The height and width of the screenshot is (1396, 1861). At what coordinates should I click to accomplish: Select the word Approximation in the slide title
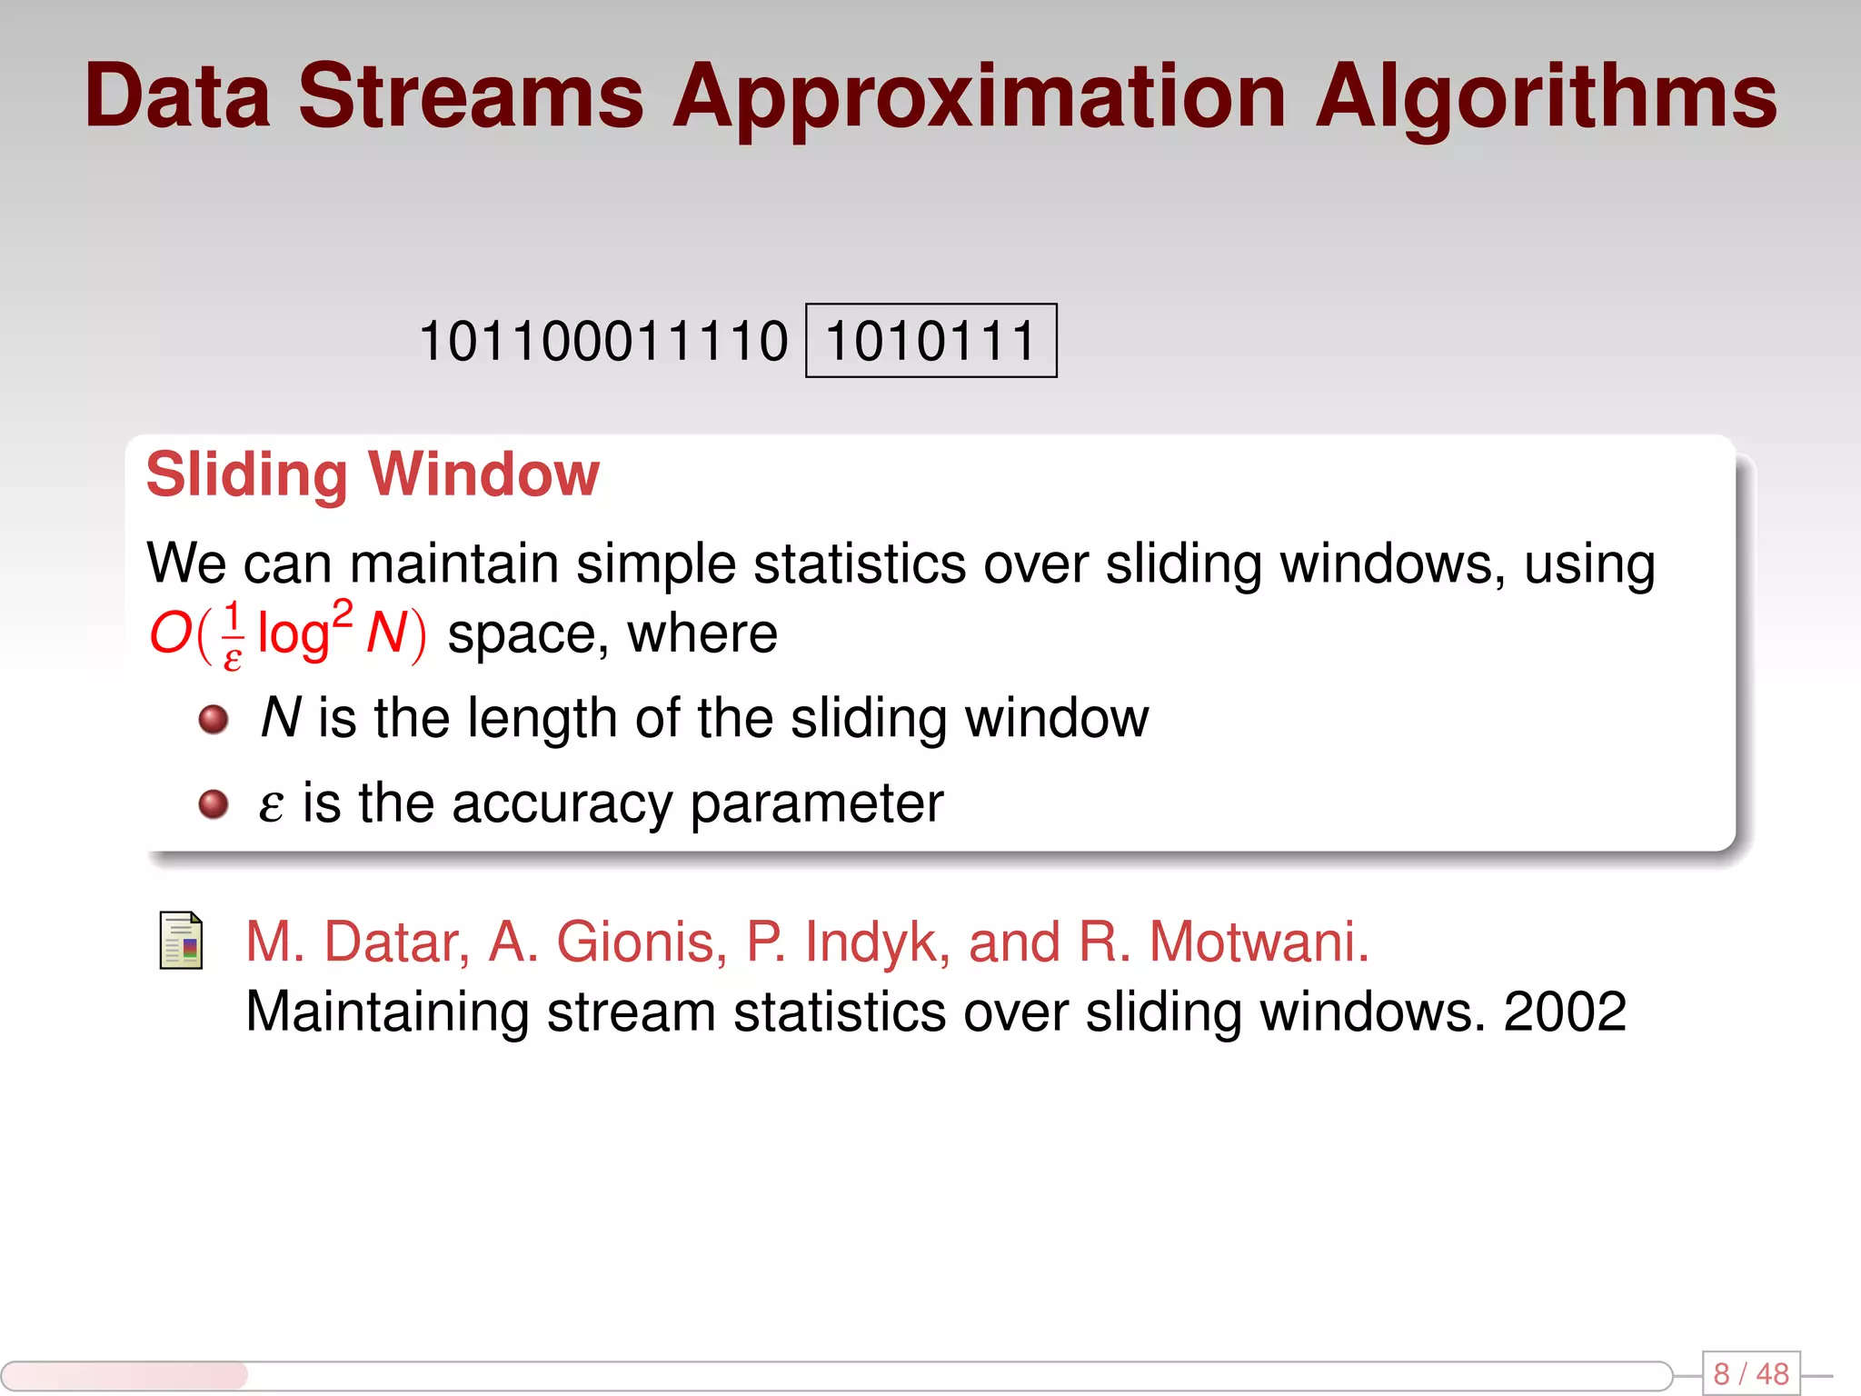pos(980,98)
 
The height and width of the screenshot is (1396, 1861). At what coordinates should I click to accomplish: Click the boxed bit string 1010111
pos(930,341)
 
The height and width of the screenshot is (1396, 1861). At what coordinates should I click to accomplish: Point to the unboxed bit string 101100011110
pos(603,341)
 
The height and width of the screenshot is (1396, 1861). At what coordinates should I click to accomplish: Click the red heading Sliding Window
pos(373,474)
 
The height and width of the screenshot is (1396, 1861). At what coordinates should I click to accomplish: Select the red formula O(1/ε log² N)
pos(287,633)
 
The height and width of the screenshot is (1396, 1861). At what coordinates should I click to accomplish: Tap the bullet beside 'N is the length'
pos(214,720)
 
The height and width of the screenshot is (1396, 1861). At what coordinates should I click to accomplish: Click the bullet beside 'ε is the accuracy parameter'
pos(214,804)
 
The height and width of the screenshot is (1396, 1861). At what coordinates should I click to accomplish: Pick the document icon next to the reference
pos(181,941)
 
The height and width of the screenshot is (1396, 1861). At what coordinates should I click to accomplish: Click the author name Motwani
pos(1259,942)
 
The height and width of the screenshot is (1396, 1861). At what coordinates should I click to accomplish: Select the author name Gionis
pos(641,942)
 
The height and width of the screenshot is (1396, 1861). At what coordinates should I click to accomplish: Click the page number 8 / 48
pos(1750,1373)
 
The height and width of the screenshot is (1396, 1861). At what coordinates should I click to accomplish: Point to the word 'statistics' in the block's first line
pos(860,563)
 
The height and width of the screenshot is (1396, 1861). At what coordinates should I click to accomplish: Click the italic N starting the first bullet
pos(280,718)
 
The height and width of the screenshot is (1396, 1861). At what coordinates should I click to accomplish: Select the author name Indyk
pos(878,942)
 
